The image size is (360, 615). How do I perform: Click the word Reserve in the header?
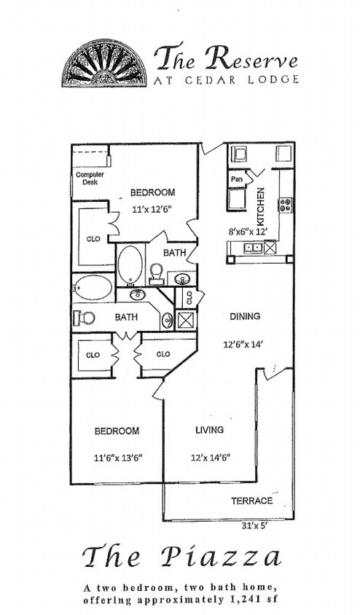point(251,58)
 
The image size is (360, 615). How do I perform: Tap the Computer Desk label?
point(90,178)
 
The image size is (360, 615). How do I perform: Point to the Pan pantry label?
point(237,179)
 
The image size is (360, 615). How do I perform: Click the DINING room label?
point(245,316)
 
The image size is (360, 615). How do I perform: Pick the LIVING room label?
point(209,431)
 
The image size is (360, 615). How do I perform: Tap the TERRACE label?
point(251,501)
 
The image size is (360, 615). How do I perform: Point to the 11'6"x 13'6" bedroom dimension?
point(117,458)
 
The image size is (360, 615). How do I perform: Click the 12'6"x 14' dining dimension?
point(244,344)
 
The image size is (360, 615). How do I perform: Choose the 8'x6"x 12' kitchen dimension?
point(249,232)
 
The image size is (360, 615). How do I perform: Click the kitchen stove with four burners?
point(285,205)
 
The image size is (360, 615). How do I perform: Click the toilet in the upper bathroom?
point(155,273)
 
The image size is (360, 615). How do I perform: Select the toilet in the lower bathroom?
point(85,317)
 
